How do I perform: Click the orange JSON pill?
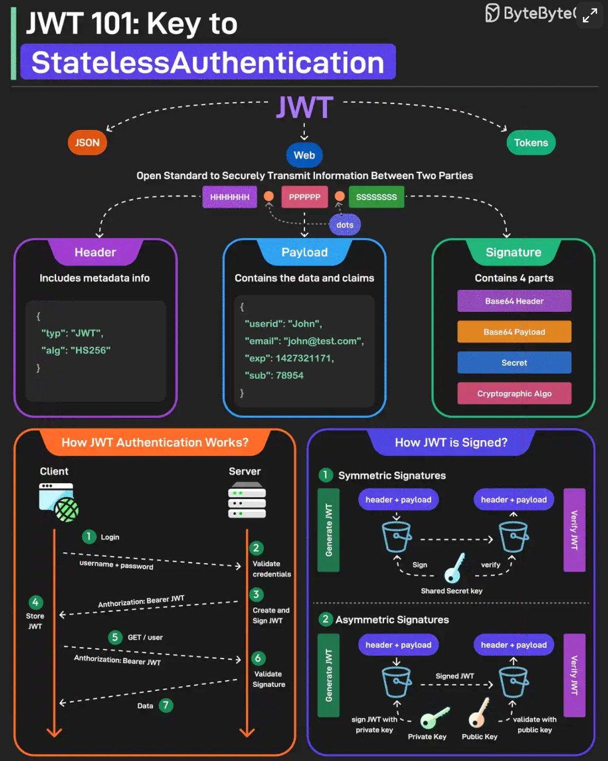pos(87,143)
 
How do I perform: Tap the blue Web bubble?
pos(305,155)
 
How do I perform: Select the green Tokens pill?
pos(531,143)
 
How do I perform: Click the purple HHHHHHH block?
pos(229,197)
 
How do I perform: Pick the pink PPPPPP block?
pos(305,197)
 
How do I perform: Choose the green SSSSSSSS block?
pos(376,197)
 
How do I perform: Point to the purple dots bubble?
pos(345,225)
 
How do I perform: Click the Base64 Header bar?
pos(514,301)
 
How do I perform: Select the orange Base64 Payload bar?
pos(514,332)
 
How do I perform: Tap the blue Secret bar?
pos(514,363)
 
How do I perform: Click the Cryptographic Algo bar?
pos(514,393)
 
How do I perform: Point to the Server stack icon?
pos(247,501)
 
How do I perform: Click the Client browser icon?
pos(58,502)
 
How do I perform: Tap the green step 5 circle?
pos(115,637)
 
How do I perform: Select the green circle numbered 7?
pos(166,705)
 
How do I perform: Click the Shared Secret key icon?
pos(454,568)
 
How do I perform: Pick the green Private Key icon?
pos(434,718)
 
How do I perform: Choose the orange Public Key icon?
pos(479,713)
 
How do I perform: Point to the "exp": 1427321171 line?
pos(289,358)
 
